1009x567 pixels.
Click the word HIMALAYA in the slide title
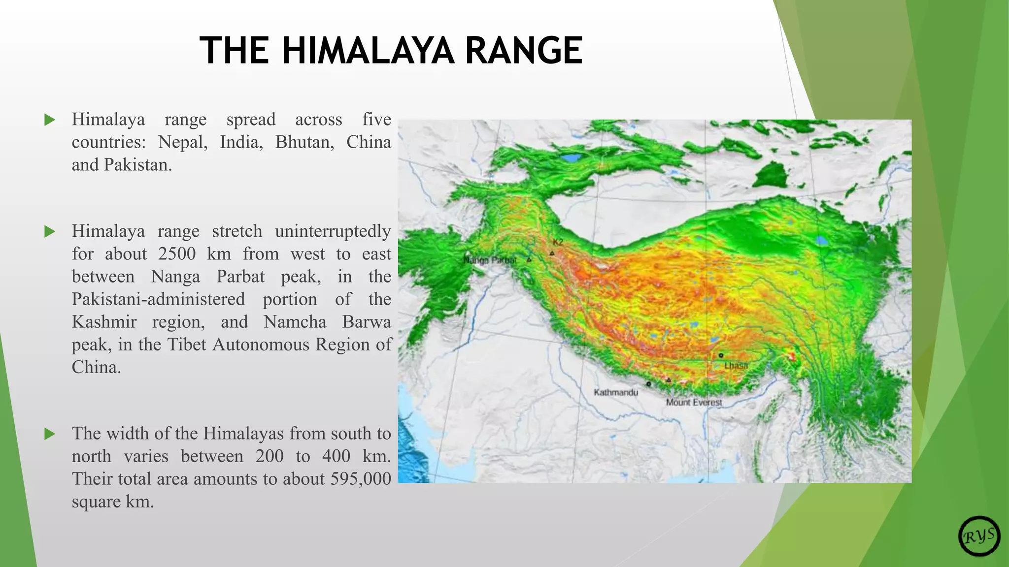[368, 51]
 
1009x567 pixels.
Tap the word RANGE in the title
[524, 51]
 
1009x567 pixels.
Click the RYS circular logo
[979, 536]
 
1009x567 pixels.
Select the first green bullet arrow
[50, 120]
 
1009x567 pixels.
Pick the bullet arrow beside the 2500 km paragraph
[50, 231]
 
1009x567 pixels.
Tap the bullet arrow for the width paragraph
[50, 434]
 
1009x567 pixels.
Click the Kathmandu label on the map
[616, 392]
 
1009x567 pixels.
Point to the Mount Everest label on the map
[694, 402]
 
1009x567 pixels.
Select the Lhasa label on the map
[736, 366]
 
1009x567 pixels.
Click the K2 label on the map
[558, 242]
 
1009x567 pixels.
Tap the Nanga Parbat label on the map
[490, 260]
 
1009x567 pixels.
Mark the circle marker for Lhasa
[721, 355]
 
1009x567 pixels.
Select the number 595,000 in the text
[361, 479]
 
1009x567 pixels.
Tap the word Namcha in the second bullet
[295, 322]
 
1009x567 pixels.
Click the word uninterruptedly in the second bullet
[333, 231]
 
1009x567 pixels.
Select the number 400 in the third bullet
[336, 456]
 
